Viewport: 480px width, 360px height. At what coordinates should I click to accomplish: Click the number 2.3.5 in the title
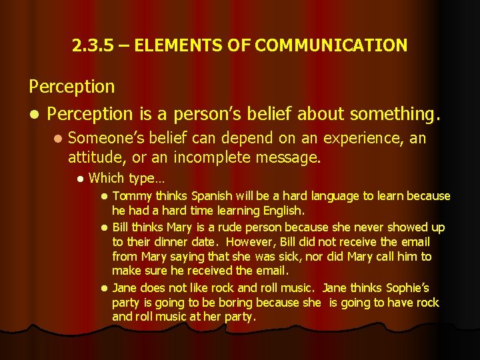click(91, 45)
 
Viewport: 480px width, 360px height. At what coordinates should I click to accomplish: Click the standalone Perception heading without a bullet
click(71, 86)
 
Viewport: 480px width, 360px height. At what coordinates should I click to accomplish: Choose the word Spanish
click(211, 196)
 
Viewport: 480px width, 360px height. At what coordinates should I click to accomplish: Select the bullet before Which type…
click(79, 179)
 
